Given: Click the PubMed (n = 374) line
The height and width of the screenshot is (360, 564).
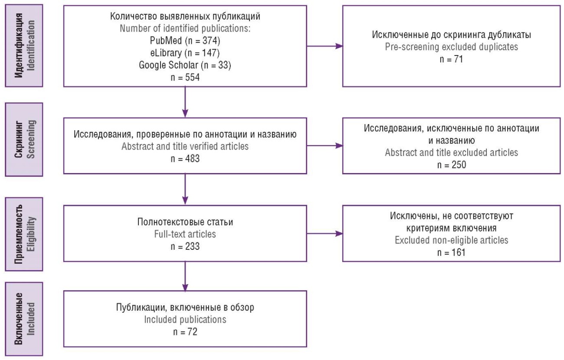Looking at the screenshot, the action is click(x=185, y=40).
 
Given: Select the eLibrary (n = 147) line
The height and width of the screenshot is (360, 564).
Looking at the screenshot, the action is click(x=185, y=53).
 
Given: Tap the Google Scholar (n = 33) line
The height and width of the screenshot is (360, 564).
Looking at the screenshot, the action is click(x=185, y=65).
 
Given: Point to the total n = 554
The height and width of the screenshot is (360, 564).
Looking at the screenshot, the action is click(x=185, y=77).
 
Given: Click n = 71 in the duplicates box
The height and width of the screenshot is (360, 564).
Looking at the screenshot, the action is click(x=451, y=59).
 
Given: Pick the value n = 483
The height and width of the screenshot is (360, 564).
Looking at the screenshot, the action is click(x=185, y=159).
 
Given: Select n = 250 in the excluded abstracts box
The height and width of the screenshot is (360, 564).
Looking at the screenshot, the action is click(x=452, y=165).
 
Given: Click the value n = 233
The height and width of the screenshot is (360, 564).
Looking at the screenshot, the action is click(x=185, y=246).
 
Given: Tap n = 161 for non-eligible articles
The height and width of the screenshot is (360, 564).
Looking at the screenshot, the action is click(x=451, y=252).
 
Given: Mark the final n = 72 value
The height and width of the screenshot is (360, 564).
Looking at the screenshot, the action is click(x=185, y=332).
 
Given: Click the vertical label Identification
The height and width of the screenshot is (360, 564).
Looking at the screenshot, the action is click(x=31, y=46).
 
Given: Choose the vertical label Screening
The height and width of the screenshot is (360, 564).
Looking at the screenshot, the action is click(x=31, y=139).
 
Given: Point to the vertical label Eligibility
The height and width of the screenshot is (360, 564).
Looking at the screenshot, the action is click(x=31, y=234).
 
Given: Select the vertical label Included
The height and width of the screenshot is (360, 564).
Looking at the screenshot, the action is click(x=31, y=319).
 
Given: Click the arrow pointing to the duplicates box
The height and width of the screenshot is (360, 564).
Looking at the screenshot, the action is click(x=325, y=46).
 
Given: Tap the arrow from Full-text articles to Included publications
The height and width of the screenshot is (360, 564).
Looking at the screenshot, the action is click(x=185, y=276).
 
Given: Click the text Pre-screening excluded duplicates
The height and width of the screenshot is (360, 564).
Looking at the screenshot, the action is click(x=452, y=47).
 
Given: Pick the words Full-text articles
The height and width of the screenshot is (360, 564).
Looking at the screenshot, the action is click(x=185, y=234).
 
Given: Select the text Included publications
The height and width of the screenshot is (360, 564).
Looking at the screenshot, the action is click(x=185, y=320).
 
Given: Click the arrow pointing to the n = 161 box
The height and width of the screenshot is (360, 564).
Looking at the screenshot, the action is click(x=325, y=234).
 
